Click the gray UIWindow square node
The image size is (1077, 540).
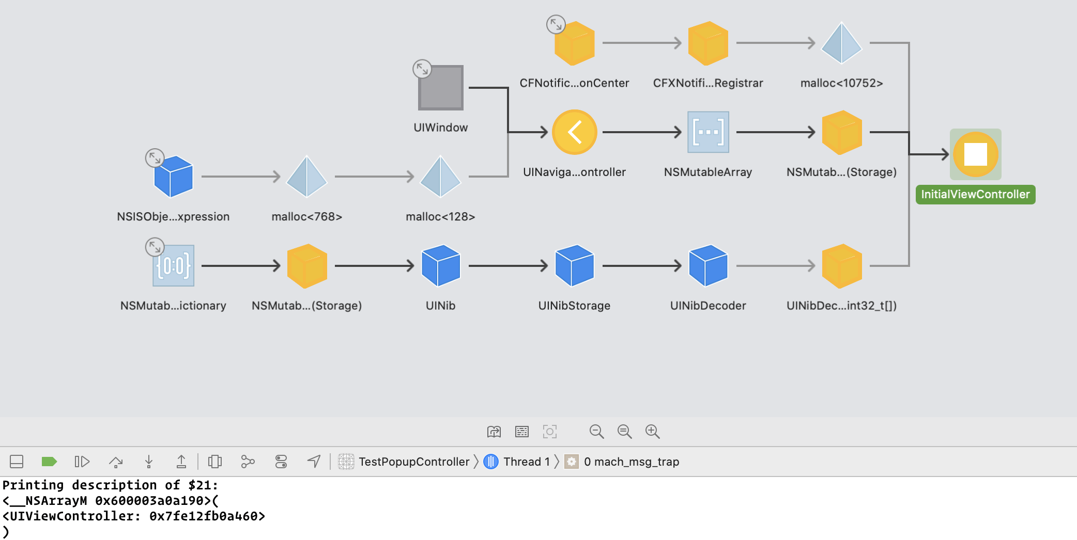(x=441, y=88)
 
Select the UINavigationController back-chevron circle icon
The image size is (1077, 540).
(x=574, y=132)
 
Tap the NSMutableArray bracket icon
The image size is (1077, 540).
(x=708, y=132)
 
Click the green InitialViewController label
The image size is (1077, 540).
(x=975, y=195)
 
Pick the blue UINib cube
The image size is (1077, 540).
(x=441, y=265)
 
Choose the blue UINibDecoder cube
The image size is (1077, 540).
(x=708, y=265)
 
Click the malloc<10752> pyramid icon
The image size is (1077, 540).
(x=841, y=43)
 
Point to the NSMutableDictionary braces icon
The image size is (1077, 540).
(x=174, y=265)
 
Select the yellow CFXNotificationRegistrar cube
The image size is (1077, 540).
(x=708, y=43)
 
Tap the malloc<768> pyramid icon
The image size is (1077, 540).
(x=307, y=177)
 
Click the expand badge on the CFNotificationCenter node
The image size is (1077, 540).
(x=556, y=24)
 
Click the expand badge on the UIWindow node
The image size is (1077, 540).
(x=422, y=69)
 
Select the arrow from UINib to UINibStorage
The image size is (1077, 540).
(x=508, y=266)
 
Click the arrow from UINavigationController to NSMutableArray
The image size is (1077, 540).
(x=642, y=132)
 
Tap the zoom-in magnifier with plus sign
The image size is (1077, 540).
(x=653, y=432)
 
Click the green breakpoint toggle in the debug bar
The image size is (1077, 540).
(x=49, y=462)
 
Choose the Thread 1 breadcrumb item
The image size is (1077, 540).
(x=517, y=462)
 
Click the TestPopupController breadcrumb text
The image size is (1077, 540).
(x=414, y=462)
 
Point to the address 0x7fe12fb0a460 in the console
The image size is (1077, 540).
(x=204, y=516)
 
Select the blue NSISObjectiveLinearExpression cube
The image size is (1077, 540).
(x=174, y=177)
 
